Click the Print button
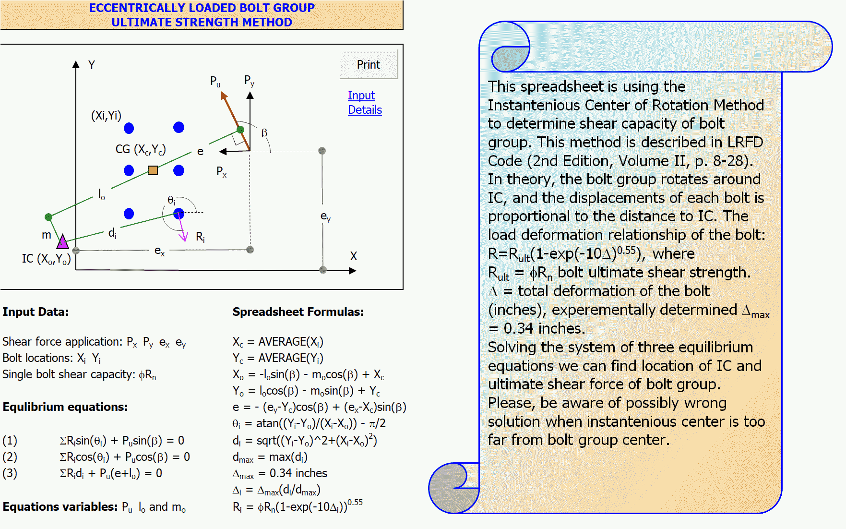tap(368, 65)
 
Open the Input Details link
tap(364, 103)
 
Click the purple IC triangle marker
tap(62, 241)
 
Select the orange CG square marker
tap(153, 170)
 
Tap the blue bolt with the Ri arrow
tap(179, 214)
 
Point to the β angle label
tap(264, 133)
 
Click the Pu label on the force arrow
tap(215, 81)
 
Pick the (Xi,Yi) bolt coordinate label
tap(106, 115)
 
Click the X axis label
tap(353, 256)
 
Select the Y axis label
tap(92, 65)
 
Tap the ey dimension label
tap(325, 216)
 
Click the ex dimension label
tap(159, 251)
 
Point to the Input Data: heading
tap(36, 312)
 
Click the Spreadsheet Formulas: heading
tap(298, 312)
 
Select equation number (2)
tap(10, 457)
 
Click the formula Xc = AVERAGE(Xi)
tap(278, 342)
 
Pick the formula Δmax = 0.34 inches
tap(280, 474)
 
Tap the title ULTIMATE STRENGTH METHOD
tap(202, 22)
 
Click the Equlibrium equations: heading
tap(65, 407)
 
